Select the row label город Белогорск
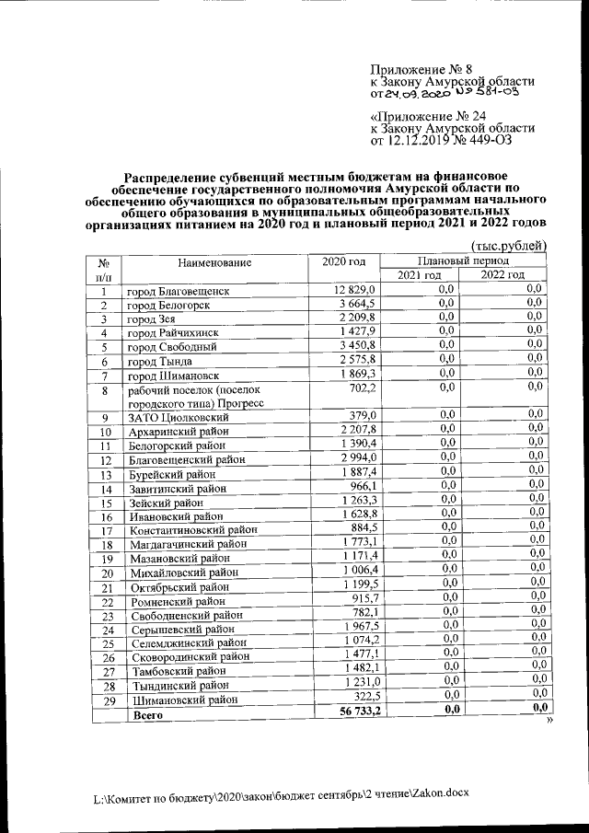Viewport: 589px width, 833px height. click(167, 306)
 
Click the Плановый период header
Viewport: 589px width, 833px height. click(459, 260)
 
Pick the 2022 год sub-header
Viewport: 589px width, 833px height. click(502, 276)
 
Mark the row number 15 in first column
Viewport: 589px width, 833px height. click(106, 503)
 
